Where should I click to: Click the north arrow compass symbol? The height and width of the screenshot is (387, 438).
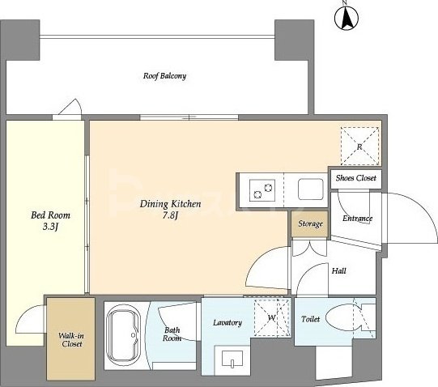tap(347, 17)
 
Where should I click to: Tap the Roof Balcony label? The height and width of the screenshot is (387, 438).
tap(164, 76)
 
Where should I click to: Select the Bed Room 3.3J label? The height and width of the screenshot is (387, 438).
tap(50, 221)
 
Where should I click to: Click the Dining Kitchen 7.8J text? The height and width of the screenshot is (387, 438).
tap(170, 209)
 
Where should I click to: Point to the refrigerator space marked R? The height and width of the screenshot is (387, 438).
tap(359, 147)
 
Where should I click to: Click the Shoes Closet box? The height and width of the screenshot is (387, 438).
tap(356, 179)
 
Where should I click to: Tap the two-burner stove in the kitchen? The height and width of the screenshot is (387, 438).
tap(262, 190)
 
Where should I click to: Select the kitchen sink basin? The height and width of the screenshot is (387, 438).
tap(311, 189)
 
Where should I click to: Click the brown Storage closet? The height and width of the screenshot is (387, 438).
tap(309, 223)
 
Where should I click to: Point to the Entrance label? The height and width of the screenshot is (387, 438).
tap(357, 219)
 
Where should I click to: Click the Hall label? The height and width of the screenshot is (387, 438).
tap(339, 270)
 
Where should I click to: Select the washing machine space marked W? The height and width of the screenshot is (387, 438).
tap(272, 317)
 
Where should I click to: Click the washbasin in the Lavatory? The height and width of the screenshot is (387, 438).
tap(232, 358)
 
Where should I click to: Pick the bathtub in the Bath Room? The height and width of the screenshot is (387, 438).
tap(124, 336)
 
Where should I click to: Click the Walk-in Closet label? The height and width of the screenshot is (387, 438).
tap(71, 340)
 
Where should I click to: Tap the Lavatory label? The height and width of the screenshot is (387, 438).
tap(228, 323)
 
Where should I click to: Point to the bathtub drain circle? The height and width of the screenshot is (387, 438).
tap(134, 335)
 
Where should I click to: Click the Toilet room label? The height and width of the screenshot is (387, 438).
tap(310, 319)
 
